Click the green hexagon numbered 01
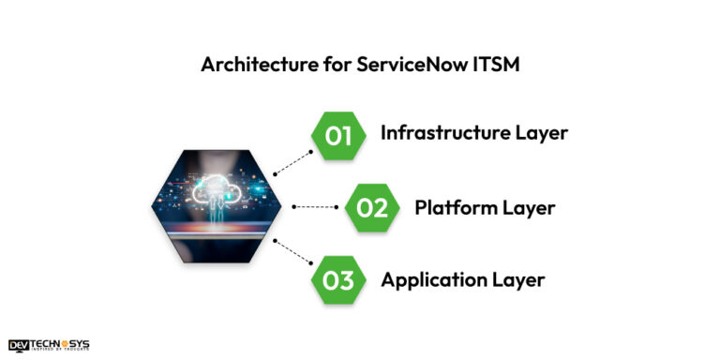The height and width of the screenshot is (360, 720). (337, 136)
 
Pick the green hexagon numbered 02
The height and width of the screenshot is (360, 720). (372, 207)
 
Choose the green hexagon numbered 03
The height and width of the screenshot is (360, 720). (337, 279)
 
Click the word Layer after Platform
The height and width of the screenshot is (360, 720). (525, 207)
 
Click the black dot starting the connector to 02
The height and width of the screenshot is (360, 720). (294, 207)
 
